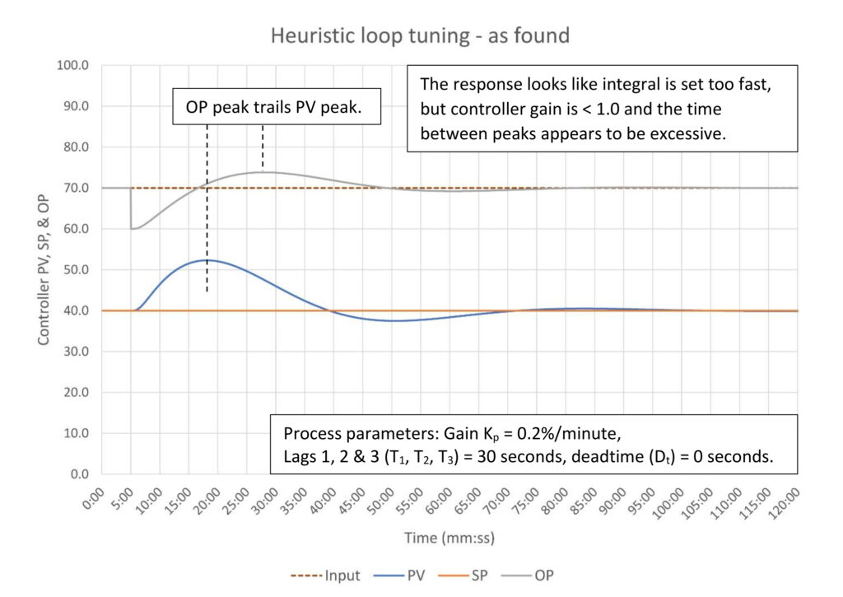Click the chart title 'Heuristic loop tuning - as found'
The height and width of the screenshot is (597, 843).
[420, 35]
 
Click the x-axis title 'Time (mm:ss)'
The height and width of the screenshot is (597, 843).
[448, 538]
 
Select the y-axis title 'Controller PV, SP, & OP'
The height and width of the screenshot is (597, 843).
[42, 270]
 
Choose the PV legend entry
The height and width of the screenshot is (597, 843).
[427, 576]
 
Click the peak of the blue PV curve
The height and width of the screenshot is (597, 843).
[207, 260]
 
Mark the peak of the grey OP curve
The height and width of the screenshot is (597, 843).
[263, 172]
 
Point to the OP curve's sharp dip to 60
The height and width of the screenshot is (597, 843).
[132, 228]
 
